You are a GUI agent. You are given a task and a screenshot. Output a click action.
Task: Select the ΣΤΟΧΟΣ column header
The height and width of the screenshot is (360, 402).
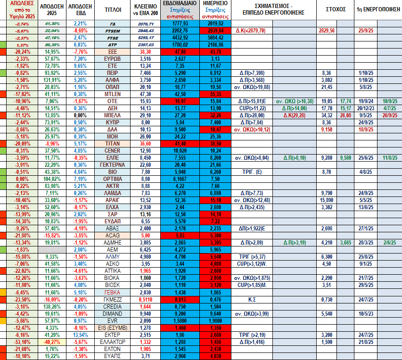[336, 9]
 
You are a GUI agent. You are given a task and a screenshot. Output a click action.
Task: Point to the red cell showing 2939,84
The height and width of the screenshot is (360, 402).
[215, 30]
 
